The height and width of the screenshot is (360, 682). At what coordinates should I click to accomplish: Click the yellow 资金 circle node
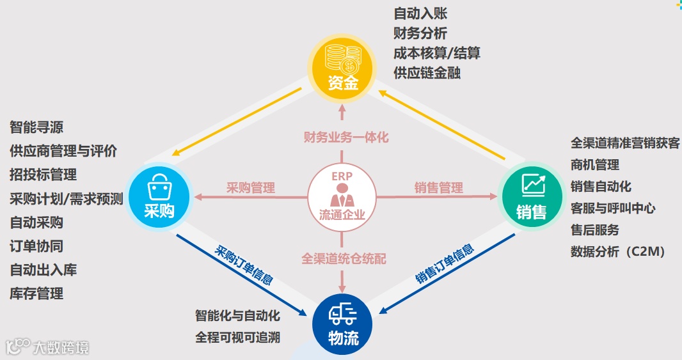[x=342, y=66]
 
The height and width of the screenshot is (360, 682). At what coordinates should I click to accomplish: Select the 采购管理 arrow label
[x=250, y=188]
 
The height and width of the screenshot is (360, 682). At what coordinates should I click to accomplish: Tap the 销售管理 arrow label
[x=438, y=188]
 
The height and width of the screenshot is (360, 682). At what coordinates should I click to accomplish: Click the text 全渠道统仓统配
[x=344, y=260]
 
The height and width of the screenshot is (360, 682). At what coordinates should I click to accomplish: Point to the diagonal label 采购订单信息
[x=244, y=265]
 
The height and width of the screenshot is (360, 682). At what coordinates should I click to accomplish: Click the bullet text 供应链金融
[x=427, y=72]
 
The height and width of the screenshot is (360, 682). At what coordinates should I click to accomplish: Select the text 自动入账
[x=420, y=13]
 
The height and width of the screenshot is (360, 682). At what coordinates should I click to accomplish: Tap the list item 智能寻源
[x=36, y=127]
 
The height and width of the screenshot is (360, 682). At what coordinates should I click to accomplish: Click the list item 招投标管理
[x=43, y=175]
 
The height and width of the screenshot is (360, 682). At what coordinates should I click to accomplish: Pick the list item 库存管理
[x=36, y=293]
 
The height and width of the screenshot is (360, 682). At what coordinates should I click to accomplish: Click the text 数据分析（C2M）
[x=618, y=251]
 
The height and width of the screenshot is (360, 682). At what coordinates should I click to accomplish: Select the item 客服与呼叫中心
[x=613, y=208]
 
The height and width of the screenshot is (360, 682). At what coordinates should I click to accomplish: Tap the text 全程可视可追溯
[x=237, y=337]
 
